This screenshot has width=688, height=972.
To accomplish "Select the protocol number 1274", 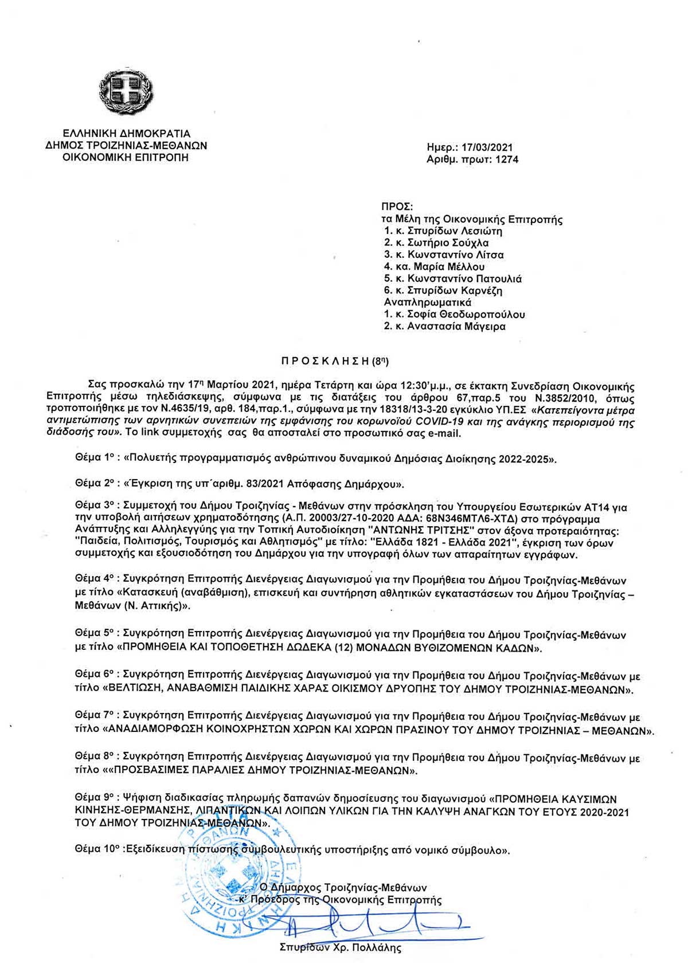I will (507, 160).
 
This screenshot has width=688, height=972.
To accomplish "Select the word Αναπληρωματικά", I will (427, 303).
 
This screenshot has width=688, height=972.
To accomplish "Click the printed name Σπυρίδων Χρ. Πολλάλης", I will (340, 948).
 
